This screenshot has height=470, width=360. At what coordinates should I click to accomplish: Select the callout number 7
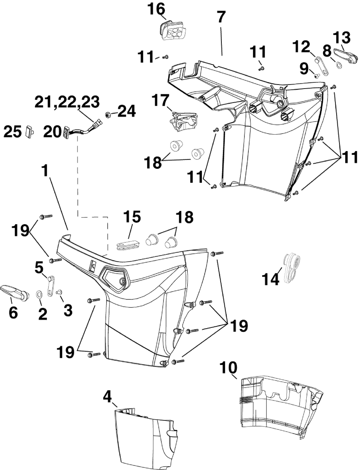[x=221, y=17]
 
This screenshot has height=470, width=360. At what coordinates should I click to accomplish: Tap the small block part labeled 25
[x=29, y=132]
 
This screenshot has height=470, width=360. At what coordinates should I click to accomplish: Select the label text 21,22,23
[x=67, y=102]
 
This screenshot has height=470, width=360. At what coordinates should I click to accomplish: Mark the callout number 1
[x=45, y=171]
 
